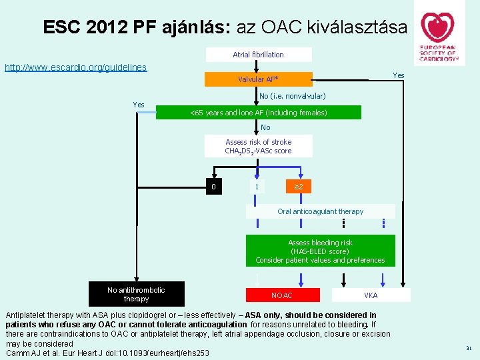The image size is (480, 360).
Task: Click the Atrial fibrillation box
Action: [258, 55]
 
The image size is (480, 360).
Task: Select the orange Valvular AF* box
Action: [258, 79]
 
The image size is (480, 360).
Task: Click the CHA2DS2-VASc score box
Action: [258, 147]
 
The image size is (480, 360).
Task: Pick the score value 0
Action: [213, 187]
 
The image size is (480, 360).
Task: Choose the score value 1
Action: [257, 187]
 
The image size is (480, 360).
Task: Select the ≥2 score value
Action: [299, 187]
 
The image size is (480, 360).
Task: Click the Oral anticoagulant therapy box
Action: [321, 211]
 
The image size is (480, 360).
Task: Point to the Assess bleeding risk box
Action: [320, 251]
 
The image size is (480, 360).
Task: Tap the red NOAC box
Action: [282, 295]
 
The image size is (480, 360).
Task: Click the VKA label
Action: [371, 295]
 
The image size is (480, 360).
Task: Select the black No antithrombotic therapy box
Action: [136, 294]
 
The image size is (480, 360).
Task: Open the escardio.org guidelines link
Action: [75, 67]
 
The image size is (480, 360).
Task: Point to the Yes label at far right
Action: [399, 75]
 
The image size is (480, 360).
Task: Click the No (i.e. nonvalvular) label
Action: [297, 96]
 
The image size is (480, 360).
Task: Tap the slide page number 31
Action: [469, 348]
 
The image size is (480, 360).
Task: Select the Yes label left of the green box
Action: [139, 105]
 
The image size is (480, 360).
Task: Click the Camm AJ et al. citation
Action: [107, 353]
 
